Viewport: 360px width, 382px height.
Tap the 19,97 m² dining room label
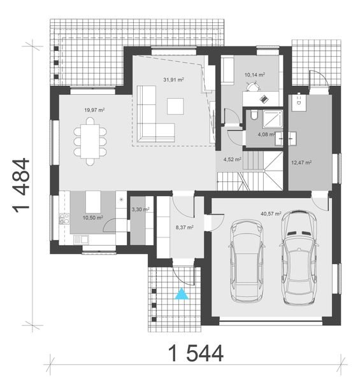click(x=94, y=110)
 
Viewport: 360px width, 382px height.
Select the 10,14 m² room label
click(x=254, y=74)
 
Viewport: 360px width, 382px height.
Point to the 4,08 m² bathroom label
click(x=266, y=134)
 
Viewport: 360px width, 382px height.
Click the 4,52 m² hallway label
click(x=232, y=159)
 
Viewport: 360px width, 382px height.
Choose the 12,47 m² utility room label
click(x=301, y=162)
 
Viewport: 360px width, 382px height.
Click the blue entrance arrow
click(x=182, y=294)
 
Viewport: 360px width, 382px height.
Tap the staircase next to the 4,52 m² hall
click(x=254, y=169)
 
